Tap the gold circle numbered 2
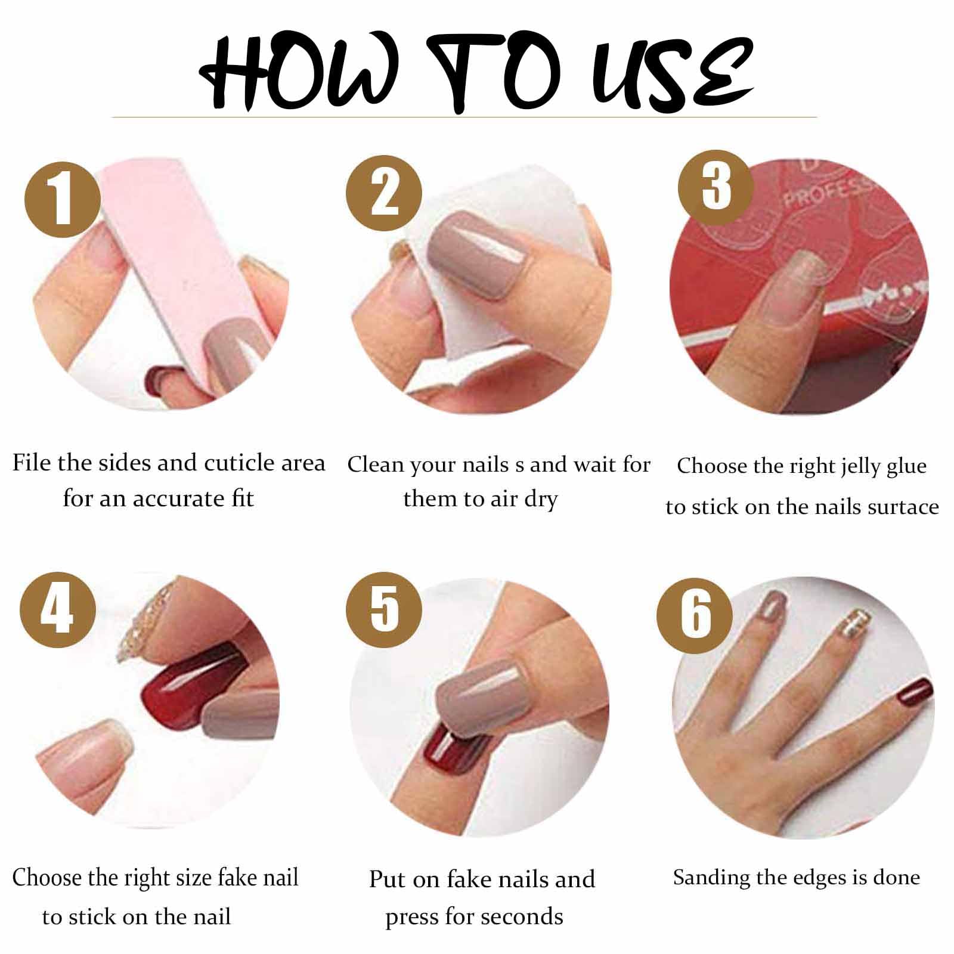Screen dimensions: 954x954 point(384,193)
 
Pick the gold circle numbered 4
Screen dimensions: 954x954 point(58,609)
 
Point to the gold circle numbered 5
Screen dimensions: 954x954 point(384,609)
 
